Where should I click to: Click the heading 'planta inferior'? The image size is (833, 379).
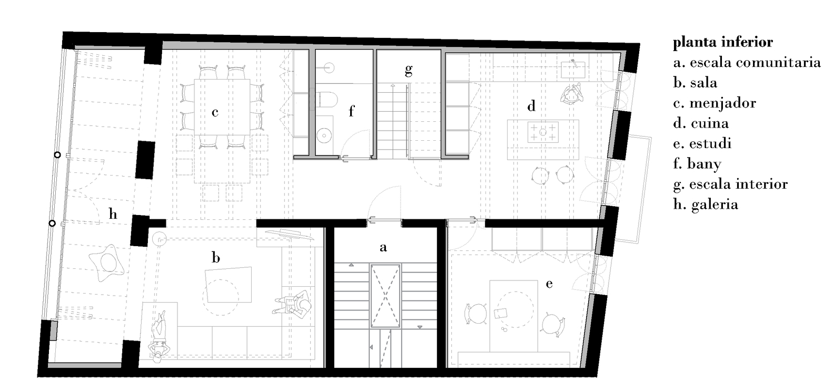click(x=723, y=43)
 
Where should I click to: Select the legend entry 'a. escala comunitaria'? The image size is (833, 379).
click(x=747, y=63)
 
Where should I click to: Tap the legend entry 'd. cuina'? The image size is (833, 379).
click(x=701, y=123)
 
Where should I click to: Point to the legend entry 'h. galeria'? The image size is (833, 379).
click(x=706, y=205)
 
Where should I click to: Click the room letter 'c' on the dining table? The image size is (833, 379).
click(x=215, y=112)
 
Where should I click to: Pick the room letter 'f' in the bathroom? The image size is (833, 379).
click(x=351, y=111)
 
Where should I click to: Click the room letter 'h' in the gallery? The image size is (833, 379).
click(x=113, y=213)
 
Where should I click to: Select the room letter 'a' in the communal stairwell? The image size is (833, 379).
click(x=383, y=247)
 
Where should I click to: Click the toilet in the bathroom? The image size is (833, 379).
click(x=328, y=100)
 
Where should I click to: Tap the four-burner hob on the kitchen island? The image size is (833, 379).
click(x=543, y=132)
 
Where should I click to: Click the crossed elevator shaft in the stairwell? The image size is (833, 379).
click(x=385, y=296)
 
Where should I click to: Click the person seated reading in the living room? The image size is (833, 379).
click(x=293, y=304)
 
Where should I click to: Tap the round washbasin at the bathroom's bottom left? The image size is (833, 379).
click(x=324, y=135)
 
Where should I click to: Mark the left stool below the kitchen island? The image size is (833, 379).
click(x=540, y=176)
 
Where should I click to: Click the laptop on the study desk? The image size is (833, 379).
click(x=500, y=314)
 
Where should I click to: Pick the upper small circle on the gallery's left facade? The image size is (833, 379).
click(x=57, y=154)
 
